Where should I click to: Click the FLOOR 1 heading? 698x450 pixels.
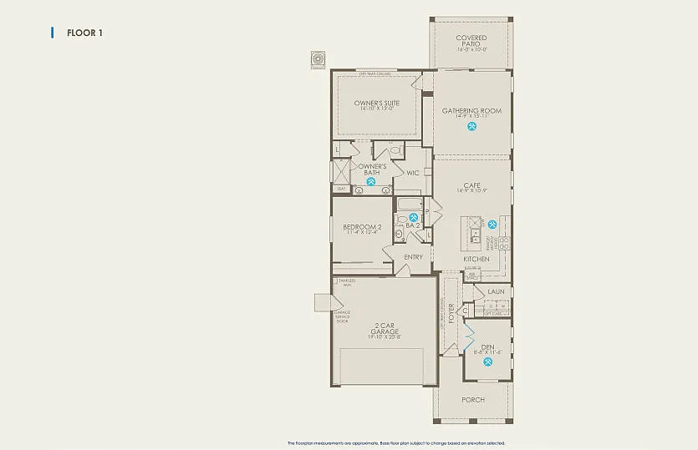click(84, 33)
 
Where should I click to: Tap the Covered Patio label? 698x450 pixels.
click(471, 41)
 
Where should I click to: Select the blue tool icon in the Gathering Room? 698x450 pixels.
click(472, 127)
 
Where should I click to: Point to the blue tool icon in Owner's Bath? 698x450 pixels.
click(370, 181)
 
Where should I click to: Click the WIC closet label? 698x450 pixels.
click(411, 173)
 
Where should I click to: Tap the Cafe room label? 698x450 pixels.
click(471, 187)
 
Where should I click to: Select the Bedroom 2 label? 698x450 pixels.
click(362, 228)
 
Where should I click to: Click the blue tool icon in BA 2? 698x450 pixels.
click(412, 218)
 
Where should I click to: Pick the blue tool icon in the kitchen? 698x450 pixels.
click(492, 224)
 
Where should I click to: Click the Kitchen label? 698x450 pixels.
click(476, 260)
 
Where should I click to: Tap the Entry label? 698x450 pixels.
click(413, 257)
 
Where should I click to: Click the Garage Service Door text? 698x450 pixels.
click(342, 316)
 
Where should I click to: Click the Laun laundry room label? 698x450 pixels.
click(497, 291)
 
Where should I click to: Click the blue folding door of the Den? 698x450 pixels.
click(469, 339)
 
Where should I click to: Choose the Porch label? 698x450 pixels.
click(473, 400)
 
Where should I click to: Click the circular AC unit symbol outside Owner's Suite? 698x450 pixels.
click(318, 59)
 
